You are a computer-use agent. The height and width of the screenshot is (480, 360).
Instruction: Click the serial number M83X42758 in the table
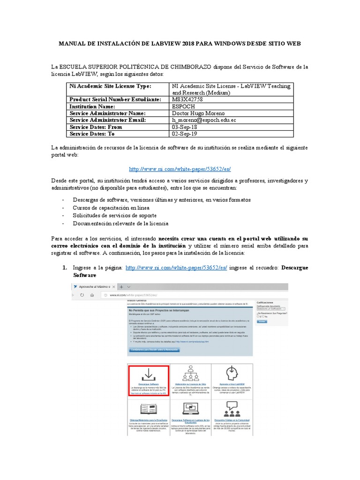[x=188, y=100]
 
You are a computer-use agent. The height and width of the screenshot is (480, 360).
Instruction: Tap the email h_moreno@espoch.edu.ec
[x=204, y=120]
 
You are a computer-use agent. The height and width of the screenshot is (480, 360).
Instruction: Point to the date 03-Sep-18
[x=185, y=127]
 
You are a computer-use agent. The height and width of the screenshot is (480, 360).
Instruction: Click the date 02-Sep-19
[x=185, y=134]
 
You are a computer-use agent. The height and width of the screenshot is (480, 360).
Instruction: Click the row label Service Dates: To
[x=92, y=134]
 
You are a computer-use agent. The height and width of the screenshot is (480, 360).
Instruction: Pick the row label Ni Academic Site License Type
[x=110, y=86]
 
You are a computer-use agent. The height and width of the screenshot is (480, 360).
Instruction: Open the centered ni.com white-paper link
[x=180, y=169]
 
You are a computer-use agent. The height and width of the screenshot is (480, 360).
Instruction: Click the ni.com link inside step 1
[x=176, y=268]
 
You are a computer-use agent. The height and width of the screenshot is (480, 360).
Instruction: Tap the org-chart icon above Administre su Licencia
[x=190, y=373]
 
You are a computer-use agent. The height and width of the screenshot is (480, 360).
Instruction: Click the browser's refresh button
[x=82, y=295]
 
